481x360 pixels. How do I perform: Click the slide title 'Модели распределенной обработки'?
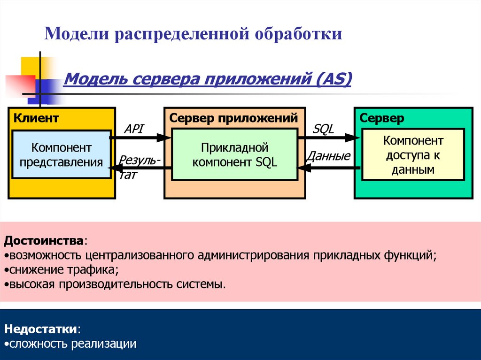pos(193,34)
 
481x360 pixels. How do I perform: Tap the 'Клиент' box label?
pos(36,118)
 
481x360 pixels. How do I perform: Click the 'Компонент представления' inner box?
pos(62,155)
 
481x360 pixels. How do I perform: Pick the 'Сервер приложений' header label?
pos(233,118)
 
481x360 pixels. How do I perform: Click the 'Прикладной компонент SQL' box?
pos(234,155)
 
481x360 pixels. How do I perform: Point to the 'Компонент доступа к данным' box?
pos(413,155)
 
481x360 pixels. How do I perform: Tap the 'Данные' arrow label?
pos(328,156)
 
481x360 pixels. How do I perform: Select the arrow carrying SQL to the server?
pos(329,138)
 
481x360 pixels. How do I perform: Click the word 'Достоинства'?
pos(44,241)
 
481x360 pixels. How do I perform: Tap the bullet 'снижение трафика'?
pos(61,270)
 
